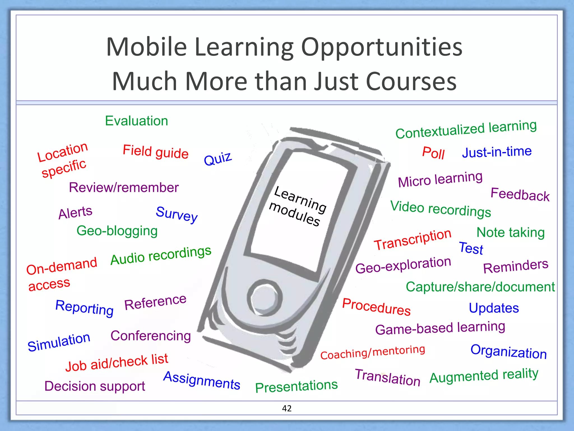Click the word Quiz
pos(218,159)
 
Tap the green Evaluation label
pos(136,121)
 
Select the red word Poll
pos(433,153)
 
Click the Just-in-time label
pos(497,152)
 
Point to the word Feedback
pos(520,194)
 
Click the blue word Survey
pos(177,214)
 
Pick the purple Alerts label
pos(75,212)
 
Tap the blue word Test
pos(471,248)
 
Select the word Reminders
pos(516,266)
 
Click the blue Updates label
pos(494,308)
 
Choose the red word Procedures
pos(376,307)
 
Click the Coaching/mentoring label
pos(372,352)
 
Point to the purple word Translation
pos(388,377)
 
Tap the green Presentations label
pos(296,386)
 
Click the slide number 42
pos(287,408)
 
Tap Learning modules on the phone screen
pos(297,206)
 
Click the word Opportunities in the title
pos(381,47)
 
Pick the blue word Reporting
pos(84,308)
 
